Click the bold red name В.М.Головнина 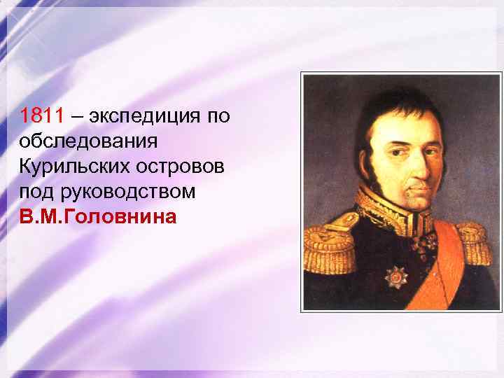coord(98,216)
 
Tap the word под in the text coord(36,191)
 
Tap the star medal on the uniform coord(396,276)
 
